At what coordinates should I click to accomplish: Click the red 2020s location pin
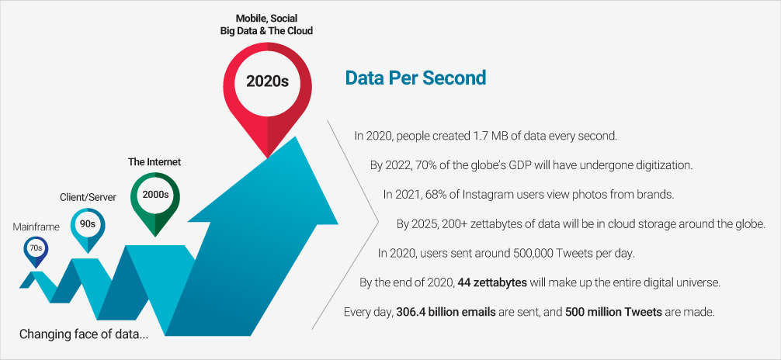267,81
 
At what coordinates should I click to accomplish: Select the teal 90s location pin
87,224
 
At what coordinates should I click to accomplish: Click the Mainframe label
36,227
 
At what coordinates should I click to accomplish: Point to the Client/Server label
88,197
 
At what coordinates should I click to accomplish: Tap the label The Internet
154,162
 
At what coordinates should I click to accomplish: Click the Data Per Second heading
415,78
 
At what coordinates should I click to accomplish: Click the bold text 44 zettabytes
486,282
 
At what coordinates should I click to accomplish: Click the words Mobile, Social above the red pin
266,17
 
